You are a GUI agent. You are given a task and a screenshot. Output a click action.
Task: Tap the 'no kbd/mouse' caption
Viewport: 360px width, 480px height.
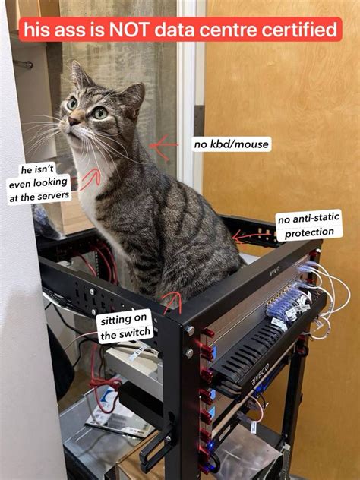click(231, 144)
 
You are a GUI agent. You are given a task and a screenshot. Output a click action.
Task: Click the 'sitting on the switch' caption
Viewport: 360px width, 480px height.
click(125, 326)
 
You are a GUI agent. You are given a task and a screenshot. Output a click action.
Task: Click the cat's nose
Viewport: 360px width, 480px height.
click(74, 120)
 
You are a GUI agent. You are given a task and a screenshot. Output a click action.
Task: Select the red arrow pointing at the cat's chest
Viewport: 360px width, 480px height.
click(90, 179)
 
